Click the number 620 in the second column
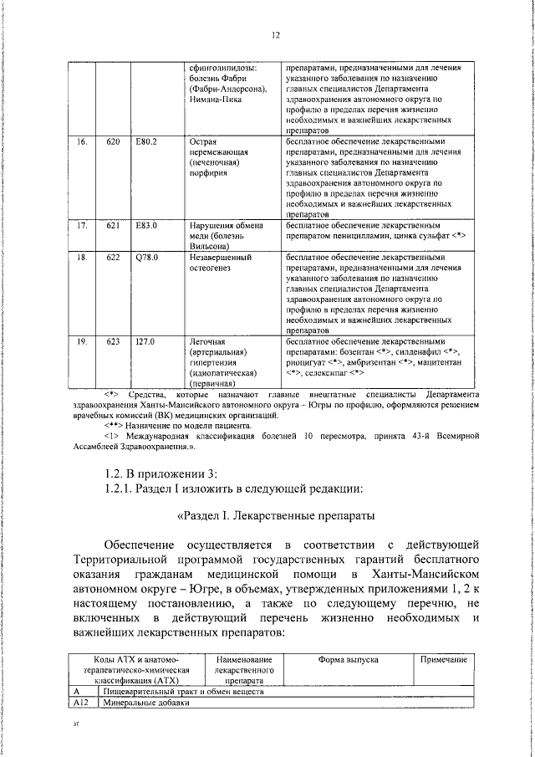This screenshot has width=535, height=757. pos(114,142)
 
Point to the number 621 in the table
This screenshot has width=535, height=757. pos(114,226)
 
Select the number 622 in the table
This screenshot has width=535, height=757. pos(114,258)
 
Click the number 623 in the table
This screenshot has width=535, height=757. pos(114,342)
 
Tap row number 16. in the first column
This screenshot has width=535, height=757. pos(82,142)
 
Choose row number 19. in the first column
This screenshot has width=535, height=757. pos(82,342)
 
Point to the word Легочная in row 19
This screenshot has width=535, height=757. pos(208,342)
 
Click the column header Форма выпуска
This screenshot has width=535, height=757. pos(349,660)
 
